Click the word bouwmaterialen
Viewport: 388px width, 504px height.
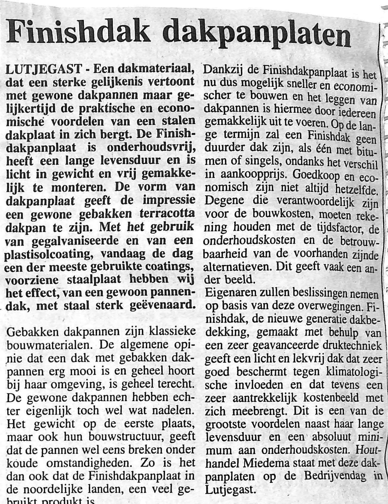click(50, 345)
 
